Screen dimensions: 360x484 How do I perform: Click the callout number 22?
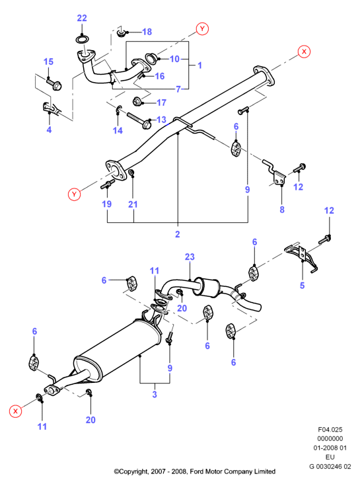pos(82,19)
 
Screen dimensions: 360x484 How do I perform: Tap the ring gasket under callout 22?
pos(82,40)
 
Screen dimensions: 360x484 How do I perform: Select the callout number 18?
pos(147,32)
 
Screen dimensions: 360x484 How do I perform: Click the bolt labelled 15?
pos(54,84)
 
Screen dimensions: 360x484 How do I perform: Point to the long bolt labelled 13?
pos(139,120)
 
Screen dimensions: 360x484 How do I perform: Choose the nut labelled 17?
pos(137,101)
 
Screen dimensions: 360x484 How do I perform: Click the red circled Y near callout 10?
pos(202,28)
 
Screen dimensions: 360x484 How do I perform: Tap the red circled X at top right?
pos(304,52)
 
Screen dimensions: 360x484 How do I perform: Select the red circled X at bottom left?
pos(15,411)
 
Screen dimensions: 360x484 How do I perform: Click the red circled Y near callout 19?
pos(74,194)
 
